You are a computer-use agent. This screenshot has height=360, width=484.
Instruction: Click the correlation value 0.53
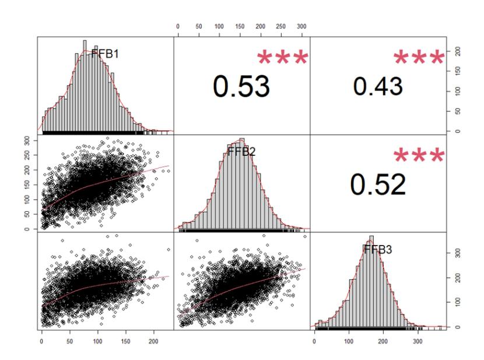241,87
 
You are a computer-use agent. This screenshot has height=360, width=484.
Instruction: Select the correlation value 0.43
378,86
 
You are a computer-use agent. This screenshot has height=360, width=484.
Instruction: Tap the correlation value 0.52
378,184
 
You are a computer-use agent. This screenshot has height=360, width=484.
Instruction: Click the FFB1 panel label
106,54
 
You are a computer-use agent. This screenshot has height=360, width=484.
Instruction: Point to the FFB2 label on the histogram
241,152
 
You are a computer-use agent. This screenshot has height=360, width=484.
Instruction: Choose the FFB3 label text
377,249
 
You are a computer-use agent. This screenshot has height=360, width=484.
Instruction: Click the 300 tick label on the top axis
301,27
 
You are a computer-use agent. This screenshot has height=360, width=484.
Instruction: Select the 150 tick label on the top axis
240,27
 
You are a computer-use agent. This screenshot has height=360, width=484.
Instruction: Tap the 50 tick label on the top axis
199,27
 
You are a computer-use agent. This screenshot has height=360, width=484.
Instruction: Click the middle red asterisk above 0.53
282,58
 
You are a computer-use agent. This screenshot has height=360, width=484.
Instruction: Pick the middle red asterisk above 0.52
419,155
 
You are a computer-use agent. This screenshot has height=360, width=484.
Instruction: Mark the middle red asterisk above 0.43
419,57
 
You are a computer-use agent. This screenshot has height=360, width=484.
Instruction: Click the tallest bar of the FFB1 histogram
85,86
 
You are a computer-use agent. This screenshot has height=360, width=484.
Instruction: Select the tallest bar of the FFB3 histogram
371,281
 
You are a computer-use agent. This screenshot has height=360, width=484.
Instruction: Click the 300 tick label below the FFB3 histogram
418,341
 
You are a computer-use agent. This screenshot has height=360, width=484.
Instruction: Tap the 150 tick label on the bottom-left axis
125,341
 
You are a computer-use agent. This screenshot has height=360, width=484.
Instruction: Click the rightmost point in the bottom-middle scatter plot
305,237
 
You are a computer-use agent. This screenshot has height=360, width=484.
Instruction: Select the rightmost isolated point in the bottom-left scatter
169,250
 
